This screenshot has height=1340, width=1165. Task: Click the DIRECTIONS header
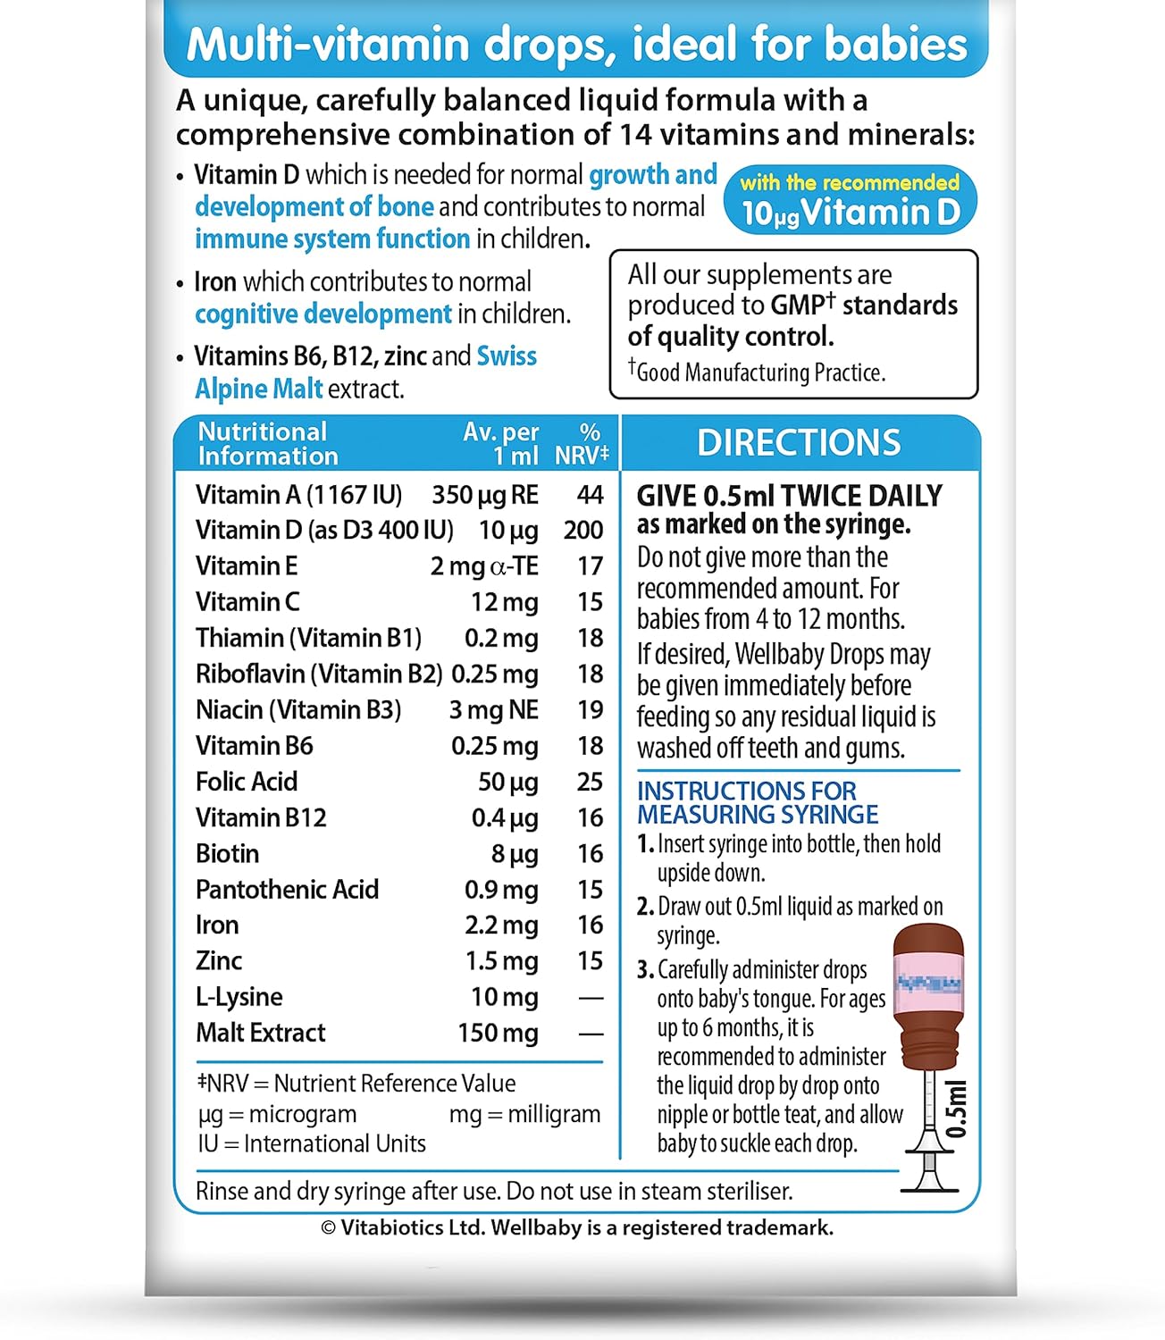(799, 443)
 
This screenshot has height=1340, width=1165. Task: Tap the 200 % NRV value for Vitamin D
(583, 530)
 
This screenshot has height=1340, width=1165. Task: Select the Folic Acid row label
(247, 782)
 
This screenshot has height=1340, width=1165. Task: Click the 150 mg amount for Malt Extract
(498, 1033)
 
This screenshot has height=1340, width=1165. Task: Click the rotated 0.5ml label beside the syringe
(957, 1109)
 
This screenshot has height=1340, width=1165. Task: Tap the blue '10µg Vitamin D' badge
(850, 200)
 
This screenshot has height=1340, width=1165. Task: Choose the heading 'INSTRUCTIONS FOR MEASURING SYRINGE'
(757, 802)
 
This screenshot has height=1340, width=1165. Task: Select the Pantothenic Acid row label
(287, 889)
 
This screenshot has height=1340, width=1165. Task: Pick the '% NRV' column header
(582, 444)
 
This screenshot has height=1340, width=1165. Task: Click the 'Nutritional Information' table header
(267, 444)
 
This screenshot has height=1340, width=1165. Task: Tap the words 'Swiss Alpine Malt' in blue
(365, 373)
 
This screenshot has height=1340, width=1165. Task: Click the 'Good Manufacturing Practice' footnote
(759, 373)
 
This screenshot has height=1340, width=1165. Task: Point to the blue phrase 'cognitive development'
(323, 314)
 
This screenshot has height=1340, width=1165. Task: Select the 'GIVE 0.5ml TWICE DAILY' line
(789, 496)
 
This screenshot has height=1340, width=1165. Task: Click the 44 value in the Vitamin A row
(590, 494)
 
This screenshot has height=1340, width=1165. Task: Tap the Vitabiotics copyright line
(577, 1227)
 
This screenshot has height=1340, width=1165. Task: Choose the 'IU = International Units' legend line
(312, 1143)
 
